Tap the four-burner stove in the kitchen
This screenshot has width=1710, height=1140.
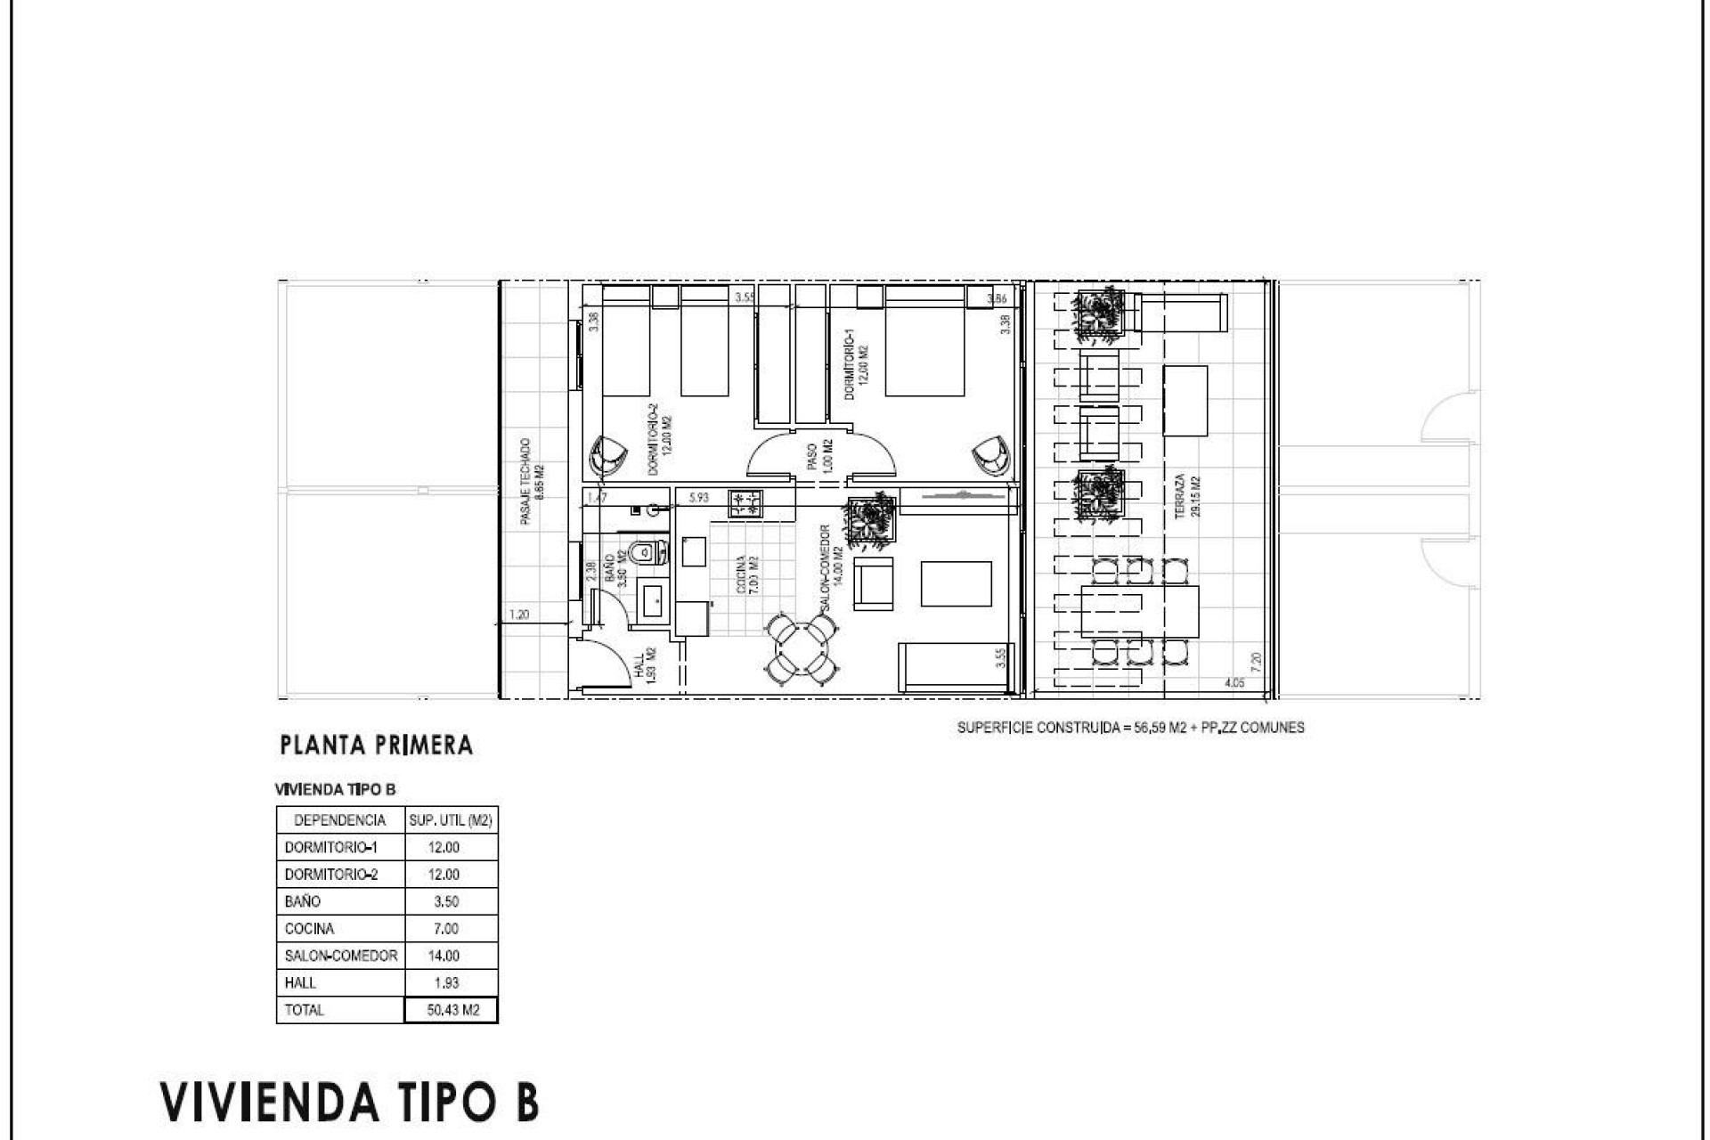click(746, 504)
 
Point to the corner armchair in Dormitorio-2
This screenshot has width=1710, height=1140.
click(608, 456)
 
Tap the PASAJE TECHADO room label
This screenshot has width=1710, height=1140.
click(531, 481)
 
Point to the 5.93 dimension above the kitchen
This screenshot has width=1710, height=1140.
click(698, 497)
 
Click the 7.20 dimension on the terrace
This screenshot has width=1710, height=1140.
click(1256, 662)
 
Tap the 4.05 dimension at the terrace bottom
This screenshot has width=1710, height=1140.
click(1234, 683)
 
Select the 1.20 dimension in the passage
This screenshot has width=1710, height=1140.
click(519, 614)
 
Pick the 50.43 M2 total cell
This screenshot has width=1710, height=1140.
click(452, 1010)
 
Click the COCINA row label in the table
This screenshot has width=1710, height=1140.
click(309, 928)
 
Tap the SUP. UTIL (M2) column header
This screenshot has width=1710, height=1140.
click(451, 820)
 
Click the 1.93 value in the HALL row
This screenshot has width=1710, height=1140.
click(444, 982)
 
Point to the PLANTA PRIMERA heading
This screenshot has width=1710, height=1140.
click(376, 745)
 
